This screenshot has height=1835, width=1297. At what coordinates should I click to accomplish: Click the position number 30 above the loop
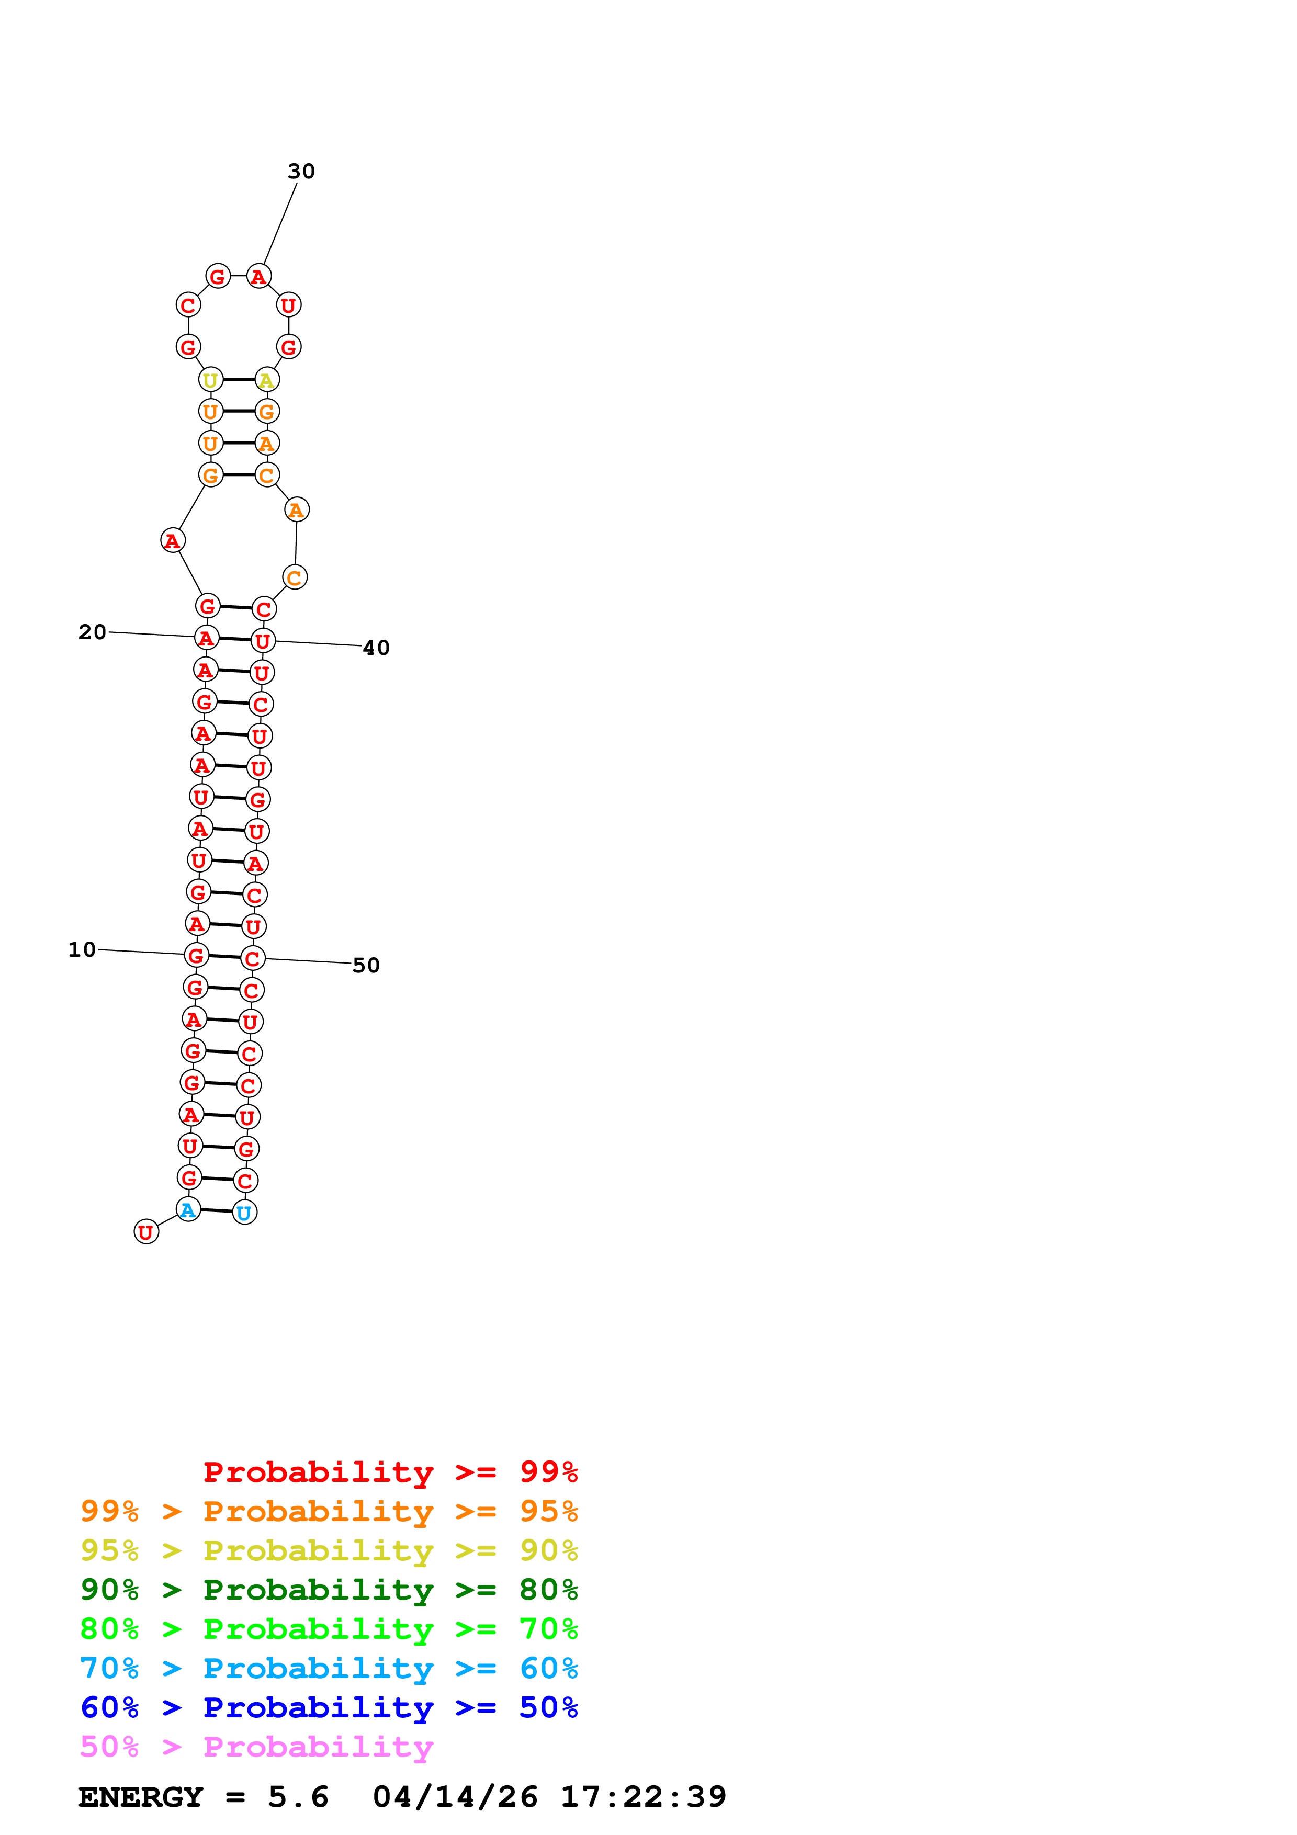[301, 171]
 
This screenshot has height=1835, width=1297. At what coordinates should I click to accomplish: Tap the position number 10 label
[82, 949]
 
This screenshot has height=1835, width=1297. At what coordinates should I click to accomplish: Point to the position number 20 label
[92, 632]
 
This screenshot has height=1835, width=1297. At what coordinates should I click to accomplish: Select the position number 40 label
[376, 648]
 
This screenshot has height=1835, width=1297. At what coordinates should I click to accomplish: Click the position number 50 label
[366, 966]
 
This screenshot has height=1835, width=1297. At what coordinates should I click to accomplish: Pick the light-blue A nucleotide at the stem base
[188, 1210]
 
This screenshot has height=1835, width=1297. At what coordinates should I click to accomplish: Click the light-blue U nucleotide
[244, 1213]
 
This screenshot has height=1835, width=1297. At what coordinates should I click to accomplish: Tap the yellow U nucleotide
[210, 380]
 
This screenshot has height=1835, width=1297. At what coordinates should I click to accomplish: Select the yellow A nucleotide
[267, 380]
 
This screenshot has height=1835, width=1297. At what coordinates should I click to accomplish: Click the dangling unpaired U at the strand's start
[145, 1232]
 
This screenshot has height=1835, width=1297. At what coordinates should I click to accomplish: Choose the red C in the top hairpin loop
[188, 305]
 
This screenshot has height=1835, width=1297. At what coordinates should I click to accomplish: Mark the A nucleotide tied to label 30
[258, 277]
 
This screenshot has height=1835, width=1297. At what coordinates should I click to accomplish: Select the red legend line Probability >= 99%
[390, 1472]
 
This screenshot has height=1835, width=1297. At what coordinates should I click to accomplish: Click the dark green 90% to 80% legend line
[329, 1590]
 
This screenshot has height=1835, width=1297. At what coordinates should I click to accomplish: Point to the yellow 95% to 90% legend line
[329, 1550]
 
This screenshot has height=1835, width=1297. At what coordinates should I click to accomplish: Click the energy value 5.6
[298, 1797]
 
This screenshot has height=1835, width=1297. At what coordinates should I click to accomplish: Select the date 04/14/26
[455, 1797]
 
